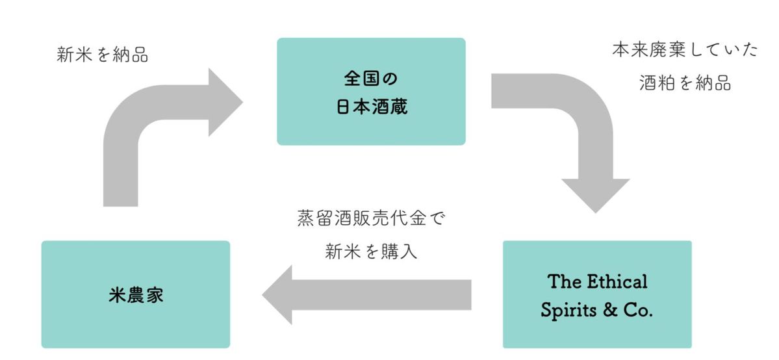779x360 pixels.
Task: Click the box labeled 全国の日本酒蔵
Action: click(371, 91)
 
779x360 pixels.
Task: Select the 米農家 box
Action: click(135, 294)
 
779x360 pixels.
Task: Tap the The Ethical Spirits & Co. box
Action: click(597, 294)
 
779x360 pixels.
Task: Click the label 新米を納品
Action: click(103, 55)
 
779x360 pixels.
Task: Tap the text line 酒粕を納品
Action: click(685, 83)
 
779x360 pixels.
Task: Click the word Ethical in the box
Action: click(618, 281)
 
